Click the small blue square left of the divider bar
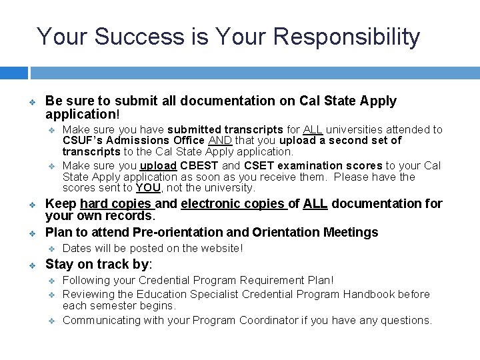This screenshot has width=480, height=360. tap(13, 73)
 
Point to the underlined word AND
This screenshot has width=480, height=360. tap(219, 141)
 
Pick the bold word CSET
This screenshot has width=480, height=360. tap(259, 165)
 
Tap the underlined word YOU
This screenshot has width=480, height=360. tap(148, 189)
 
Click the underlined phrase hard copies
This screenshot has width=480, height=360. tap(117, 204)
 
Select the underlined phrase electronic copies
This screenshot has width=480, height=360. tap(233, 204)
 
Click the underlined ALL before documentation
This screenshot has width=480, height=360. tap(315, 204)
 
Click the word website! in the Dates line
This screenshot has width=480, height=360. tap(222, 249)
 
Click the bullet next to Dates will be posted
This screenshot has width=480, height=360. tap(51, 249)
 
